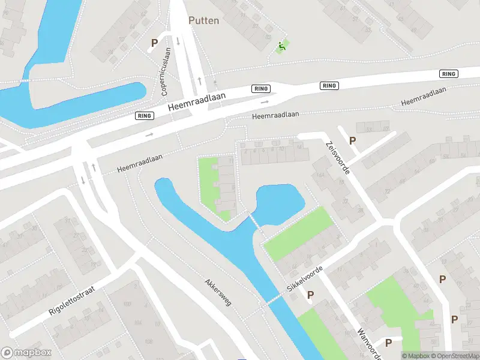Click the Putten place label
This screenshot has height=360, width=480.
(204, 20)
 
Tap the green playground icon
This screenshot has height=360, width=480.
(281, 46)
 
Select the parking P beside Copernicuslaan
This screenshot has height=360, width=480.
(154, 43)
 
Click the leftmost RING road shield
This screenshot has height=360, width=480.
(144, 116)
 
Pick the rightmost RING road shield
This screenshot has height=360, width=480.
(448, 74)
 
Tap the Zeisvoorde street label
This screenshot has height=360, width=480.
(337, 158)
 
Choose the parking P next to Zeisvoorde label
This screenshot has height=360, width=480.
(353, 140)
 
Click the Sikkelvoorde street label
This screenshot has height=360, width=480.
(305, 279)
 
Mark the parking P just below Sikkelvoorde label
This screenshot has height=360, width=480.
(311, 295)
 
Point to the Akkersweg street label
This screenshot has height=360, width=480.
(218, 291)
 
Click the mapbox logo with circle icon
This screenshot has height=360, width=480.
(26, 353)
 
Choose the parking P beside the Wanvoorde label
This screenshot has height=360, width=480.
(388, 343)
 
